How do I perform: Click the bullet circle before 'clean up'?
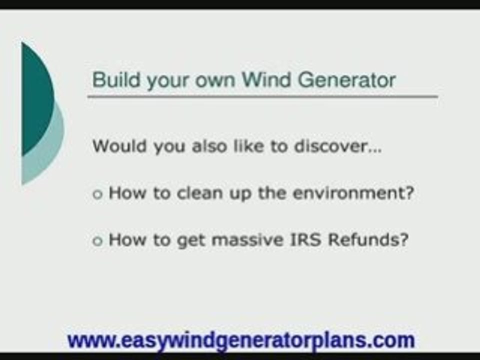point(97,195)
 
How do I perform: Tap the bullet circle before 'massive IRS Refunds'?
point(97,241)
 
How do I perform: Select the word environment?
point(353,193)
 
